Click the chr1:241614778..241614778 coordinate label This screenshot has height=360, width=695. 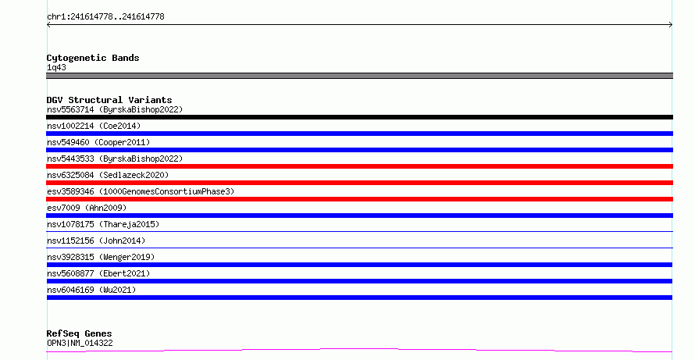105,17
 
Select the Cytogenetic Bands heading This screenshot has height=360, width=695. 93,58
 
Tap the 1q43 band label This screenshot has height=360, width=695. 56,67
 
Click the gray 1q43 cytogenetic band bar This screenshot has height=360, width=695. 359,76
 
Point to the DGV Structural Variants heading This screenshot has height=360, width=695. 109,100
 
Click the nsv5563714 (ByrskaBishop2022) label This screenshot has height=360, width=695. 115,109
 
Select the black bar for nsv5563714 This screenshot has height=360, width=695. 359,117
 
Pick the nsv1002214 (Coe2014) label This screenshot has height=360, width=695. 94,126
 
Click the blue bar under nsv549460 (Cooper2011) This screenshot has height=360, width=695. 359,150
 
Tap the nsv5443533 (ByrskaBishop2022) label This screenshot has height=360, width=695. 115,159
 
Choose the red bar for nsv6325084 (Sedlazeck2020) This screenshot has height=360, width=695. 359,183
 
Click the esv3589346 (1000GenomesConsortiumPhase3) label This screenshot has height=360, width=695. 141,191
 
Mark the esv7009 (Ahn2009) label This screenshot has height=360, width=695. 87,208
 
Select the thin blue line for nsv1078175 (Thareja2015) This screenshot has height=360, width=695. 359,231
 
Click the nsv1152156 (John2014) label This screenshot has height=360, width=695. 96,241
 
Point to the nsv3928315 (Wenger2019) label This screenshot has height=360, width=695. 101,257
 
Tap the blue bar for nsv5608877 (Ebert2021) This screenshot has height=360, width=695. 359,281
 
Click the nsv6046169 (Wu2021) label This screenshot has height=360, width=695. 91,290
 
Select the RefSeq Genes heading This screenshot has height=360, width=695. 79,333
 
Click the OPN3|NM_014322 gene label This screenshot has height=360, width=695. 80,343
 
